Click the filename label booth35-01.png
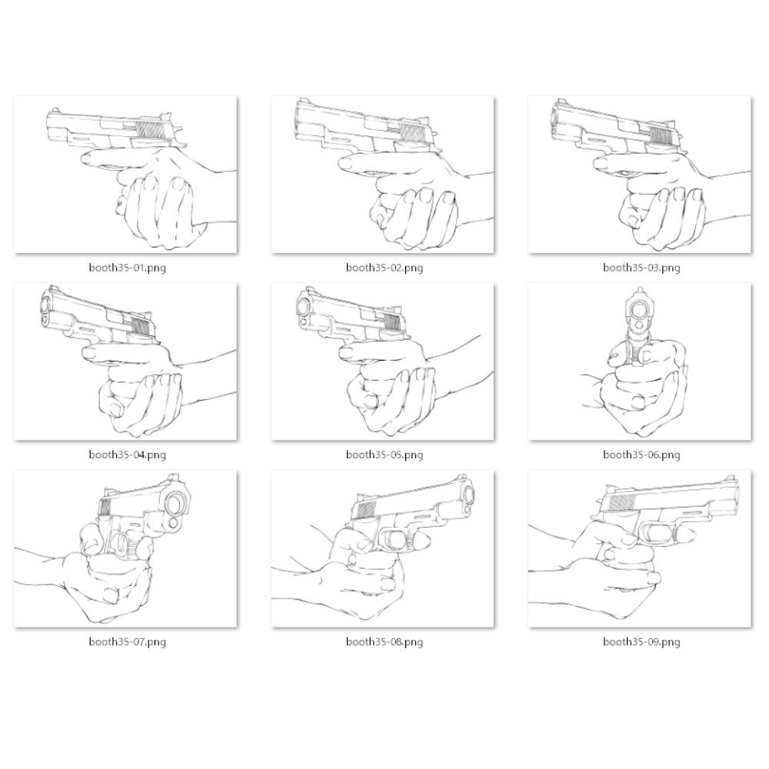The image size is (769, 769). click(127, 268)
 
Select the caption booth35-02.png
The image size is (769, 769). click(384, 268)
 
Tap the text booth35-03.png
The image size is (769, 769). click(641, 268)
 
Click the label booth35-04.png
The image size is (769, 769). click(127, 454)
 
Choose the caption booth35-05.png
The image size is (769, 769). click(384, 454)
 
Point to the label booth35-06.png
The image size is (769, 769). click(641, 454)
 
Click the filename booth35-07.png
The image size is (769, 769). click(127, 641)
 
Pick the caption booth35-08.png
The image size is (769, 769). click(384, 641)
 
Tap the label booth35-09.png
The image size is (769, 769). click(641, 641)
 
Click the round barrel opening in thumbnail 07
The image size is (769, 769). click(178, 504)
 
